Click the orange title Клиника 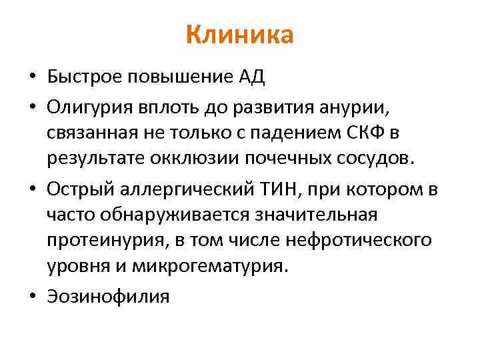tap(239, 35)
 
